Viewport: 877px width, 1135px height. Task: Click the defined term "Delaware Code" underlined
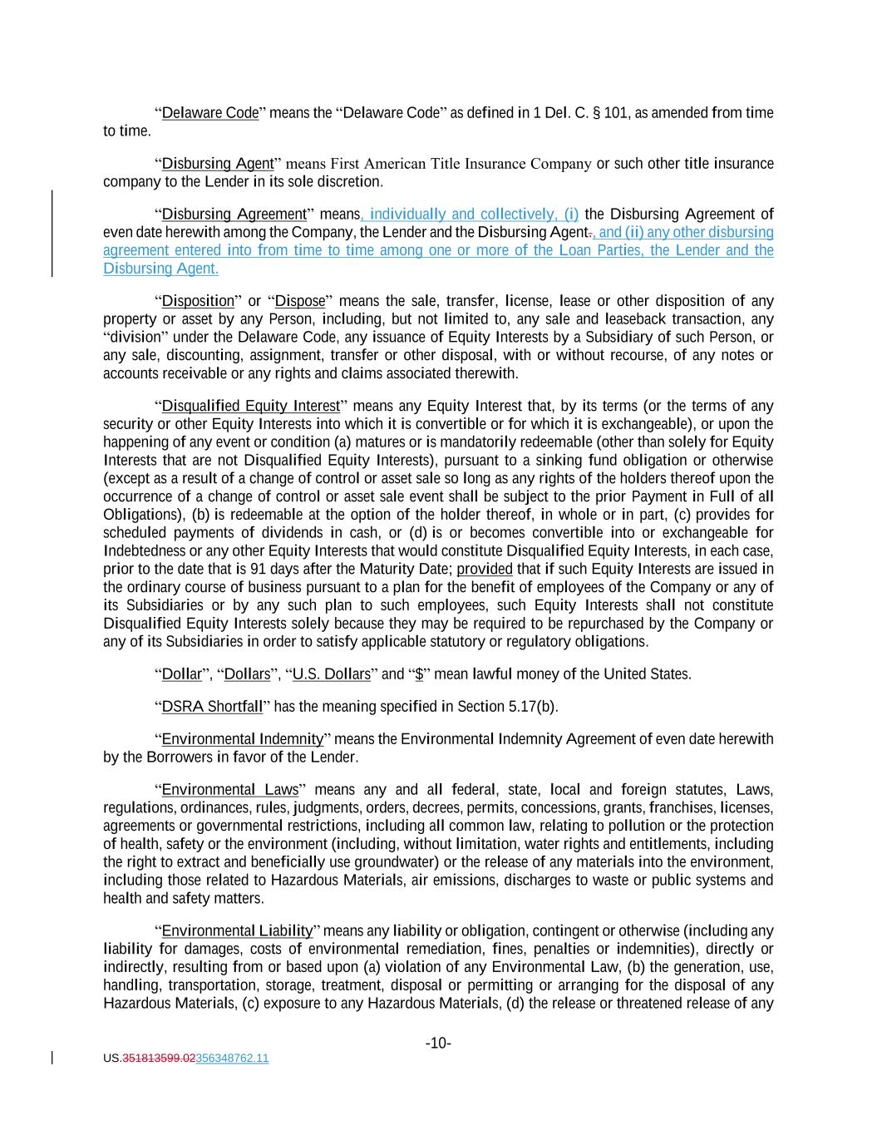tap(210, 113)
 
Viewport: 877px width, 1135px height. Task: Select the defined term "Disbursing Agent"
tap(218, 164)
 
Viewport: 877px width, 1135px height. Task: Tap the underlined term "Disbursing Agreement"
tap(234, 215)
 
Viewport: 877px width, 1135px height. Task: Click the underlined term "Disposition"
tap(198, 301)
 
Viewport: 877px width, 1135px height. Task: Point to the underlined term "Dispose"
tap(300, 301)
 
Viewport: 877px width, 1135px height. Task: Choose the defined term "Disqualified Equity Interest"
tap(251, 406)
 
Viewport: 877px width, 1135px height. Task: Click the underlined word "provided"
tap(485, 569)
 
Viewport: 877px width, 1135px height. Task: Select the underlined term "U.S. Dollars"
tap(333, 674)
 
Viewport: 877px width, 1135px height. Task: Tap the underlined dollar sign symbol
tap(419, 674)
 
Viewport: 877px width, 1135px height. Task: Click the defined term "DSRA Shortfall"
tap(212, 707)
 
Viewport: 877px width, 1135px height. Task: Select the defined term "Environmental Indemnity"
tap(242, 739)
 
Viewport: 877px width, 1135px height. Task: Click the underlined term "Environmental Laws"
tap(229, 790)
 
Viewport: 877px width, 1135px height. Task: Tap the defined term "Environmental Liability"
tap(237, 930)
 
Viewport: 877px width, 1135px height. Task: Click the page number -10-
tap(438, 1044)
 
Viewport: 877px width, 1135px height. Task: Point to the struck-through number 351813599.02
tap(159, 1059)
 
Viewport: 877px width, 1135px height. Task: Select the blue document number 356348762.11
tap(232, 1059)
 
